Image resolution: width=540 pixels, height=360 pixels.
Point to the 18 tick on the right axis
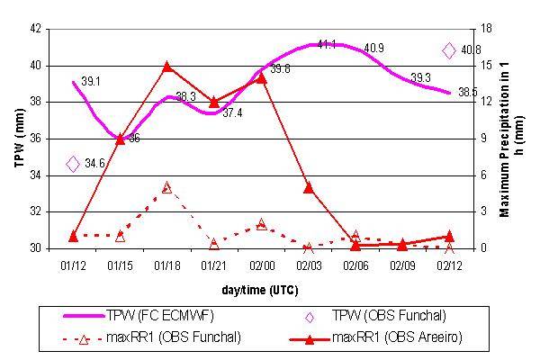[484, 29]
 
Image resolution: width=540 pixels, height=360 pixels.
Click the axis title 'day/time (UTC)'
[260, 291]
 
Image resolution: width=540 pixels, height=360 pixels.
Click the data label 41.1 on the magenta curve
[327, 44]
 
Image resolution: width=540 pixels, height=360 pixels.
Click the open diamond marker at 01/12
[73, 163]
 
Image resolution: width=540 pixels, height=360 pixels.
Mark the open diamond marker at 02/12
[449, 51]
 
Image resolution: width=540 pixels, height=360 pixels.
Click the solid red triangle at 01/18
[167, 67]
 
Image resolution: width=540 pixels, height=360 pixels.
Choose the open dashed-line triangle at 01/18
[167, 187]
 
